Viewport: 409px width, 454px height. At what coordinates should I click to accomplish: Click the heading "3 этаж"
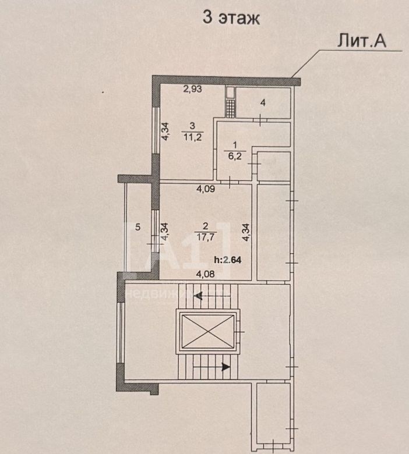coord(231,18)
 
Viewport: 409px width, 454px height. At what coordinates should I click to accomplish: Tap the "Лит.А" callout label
coord(361,41)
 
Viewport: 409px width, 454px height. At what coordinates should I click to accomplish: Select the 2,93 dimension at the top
coord(192,89)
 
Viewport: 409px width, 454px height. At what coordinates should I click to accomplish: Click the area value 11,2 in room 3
coord(192,137)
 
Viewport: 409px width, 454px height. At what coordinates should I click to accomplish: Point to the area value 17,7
coord(206,237)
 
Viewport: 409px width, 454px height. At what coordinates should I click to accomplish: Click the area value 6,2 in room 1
coord(235,157)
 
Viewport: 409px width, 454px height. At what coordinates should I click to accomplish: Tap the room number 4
coord(263,103)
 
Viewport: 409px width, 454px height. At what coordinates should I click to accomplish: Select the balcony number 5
coord(138,227)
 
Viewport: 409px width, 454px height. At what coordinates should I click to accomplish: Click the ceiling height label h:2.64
coord(228,260)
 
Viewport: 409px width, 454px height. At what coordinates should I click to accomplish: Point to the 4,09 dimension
coord(206,189)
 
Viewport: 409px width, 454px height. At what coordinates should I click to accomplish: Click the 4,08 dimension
coord(206,274)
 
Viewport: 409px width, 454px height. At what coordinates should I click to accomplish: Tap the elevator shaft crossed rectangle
coord(207,331)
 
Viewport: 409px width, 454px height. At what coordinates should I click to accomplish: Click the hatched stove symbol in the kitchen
coord(231,109)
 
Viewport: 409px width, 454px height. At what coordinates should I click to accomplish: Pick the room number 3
coord(192,126)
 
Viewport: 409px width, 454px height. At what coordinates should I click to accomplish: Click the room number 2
coord(206,226)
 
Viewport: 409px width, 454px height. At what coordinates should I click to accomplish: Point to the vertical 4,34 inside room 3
coord(165,132)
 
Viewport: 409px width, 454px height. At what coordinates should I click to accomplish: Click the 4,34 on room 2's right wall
coord(246,232)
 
